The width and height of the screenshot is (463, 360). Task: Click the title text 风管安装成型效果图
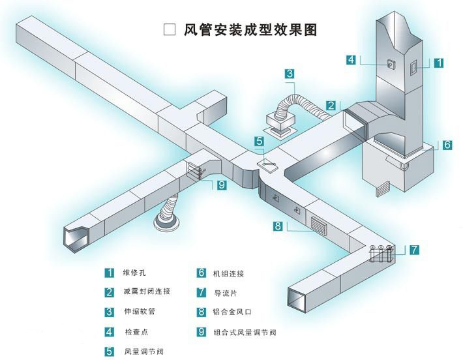click(251, 29)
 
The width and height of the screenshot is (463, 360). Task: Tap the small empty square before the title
click(169, 29)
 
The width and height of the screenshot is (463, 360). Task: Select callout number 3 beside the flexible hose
click(290, 74)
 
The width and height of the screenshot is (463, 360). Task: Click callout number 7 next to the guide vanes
click(415, 249)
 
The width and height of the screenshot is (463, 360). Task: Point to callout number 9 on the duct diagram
click(221, 185)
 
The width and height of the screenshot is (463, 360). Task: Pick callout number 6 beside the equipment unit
click(447, 145)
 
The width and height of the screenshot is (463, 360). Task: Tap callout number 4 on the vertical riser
click(351, 60)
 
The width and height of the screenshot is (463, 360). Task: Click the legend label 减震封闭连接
click(147, 292)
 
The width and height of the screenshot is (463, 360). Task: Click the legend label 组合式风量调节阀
click(245, 333)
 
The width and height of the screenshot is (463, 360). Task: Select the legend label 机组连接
click(228, 273)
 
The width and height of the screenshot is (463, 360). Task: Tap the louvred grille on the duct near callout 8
click(320, 224)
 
